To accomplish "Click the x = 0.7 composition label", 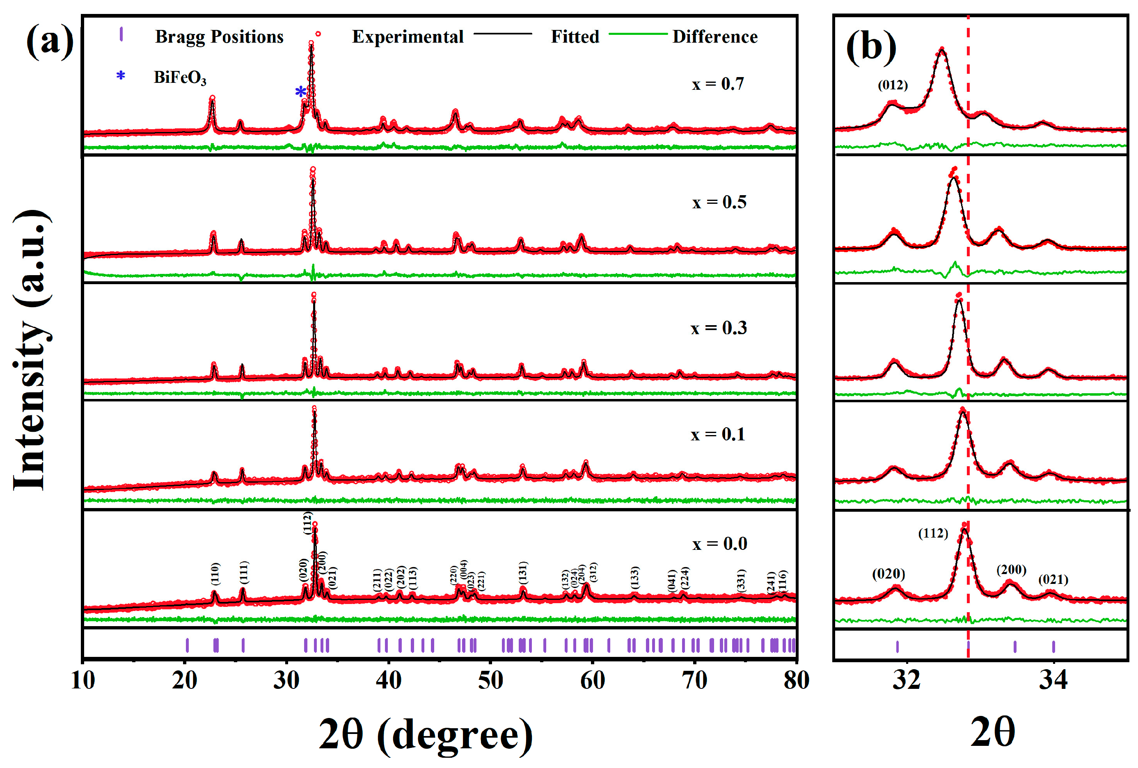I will tap(717, 84).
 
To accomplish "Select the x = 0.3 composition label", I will tap(718, 328).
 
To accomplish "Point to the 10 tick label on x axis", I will tap(83, 680).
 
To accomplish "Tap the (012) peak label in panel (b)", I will tap(892, 85).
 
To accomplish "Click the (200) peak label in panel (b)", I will tap(1011, 570).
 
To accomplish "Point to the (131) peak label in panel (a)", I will tap(522, 572).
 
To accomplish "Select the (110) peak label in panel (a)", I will tap(215, 573).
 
